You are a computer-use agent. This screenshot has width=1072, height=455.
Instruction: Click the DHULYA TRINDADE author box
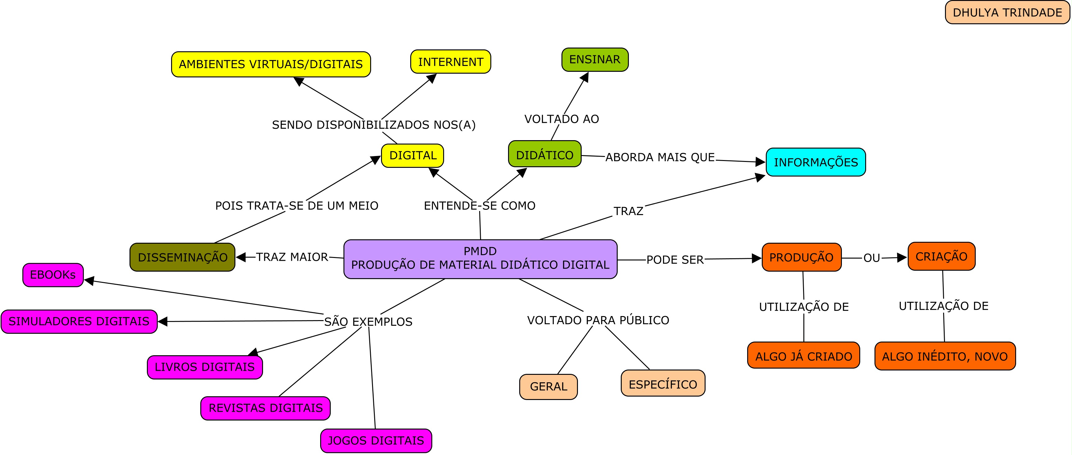point(1007,12)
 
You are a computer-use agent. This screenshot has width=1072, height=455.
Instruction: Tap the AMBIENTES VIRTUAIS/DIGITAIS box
point(270,64)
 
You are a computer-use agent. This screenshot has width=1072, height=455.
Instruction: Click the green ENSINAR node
point(594,60)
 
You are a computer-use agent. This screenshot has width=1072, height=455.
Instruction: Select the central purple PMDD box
point(480,258)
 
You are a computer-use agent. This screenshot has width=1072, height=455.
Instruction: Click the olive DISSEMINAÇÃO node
point(182,257)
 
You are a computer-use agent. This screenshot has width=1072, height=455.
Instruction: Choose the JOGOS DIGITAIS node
point(376,440)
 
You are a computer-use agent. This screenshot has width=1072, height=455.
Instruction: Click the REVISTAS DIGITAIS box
point(265,408)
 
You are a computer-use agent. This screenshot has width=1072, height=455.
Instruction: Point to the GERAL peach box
point(548,387)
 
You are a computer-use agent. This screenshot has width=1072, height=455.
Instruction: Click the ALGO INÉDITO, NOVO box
point(945,356)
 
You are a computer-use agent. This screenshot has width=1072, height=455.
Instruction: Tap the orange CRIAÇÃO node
point(941,256)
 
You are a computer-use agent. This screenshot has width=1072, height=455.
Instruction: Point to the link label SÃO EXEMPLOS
point(368,322)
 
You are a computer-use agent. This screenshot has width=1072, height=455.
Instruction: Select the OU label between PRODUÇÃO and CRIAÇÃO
point(871,258)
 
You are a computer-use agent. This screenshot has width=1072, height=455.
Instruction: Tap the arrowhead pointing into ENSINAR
point(585,77)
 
